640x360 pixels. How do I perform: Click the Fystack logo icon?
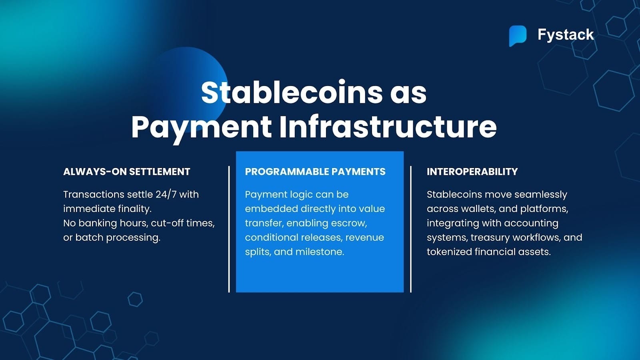518,36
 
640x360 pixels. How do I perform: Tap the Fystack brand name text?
566,35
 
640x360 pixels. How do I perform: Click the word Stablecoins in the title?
292,92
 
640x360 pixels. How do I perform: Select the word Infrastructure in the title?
388,127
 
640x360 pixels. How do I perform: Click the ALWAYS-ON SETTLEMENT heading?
126,172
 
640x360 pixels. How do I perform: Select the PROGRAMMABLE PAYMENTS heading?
315,172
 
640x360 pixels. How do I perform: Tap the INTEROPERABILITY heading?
472,172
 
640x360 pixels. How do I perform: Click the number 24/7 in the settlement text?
166,194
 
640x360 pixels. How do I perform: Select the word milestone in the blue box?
320,252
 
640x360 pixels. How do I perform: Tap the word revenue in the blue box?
364,238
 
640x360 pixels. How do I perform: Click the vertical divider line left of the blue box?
229,229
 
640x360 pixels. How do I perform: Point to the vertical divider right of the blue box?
411,229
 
